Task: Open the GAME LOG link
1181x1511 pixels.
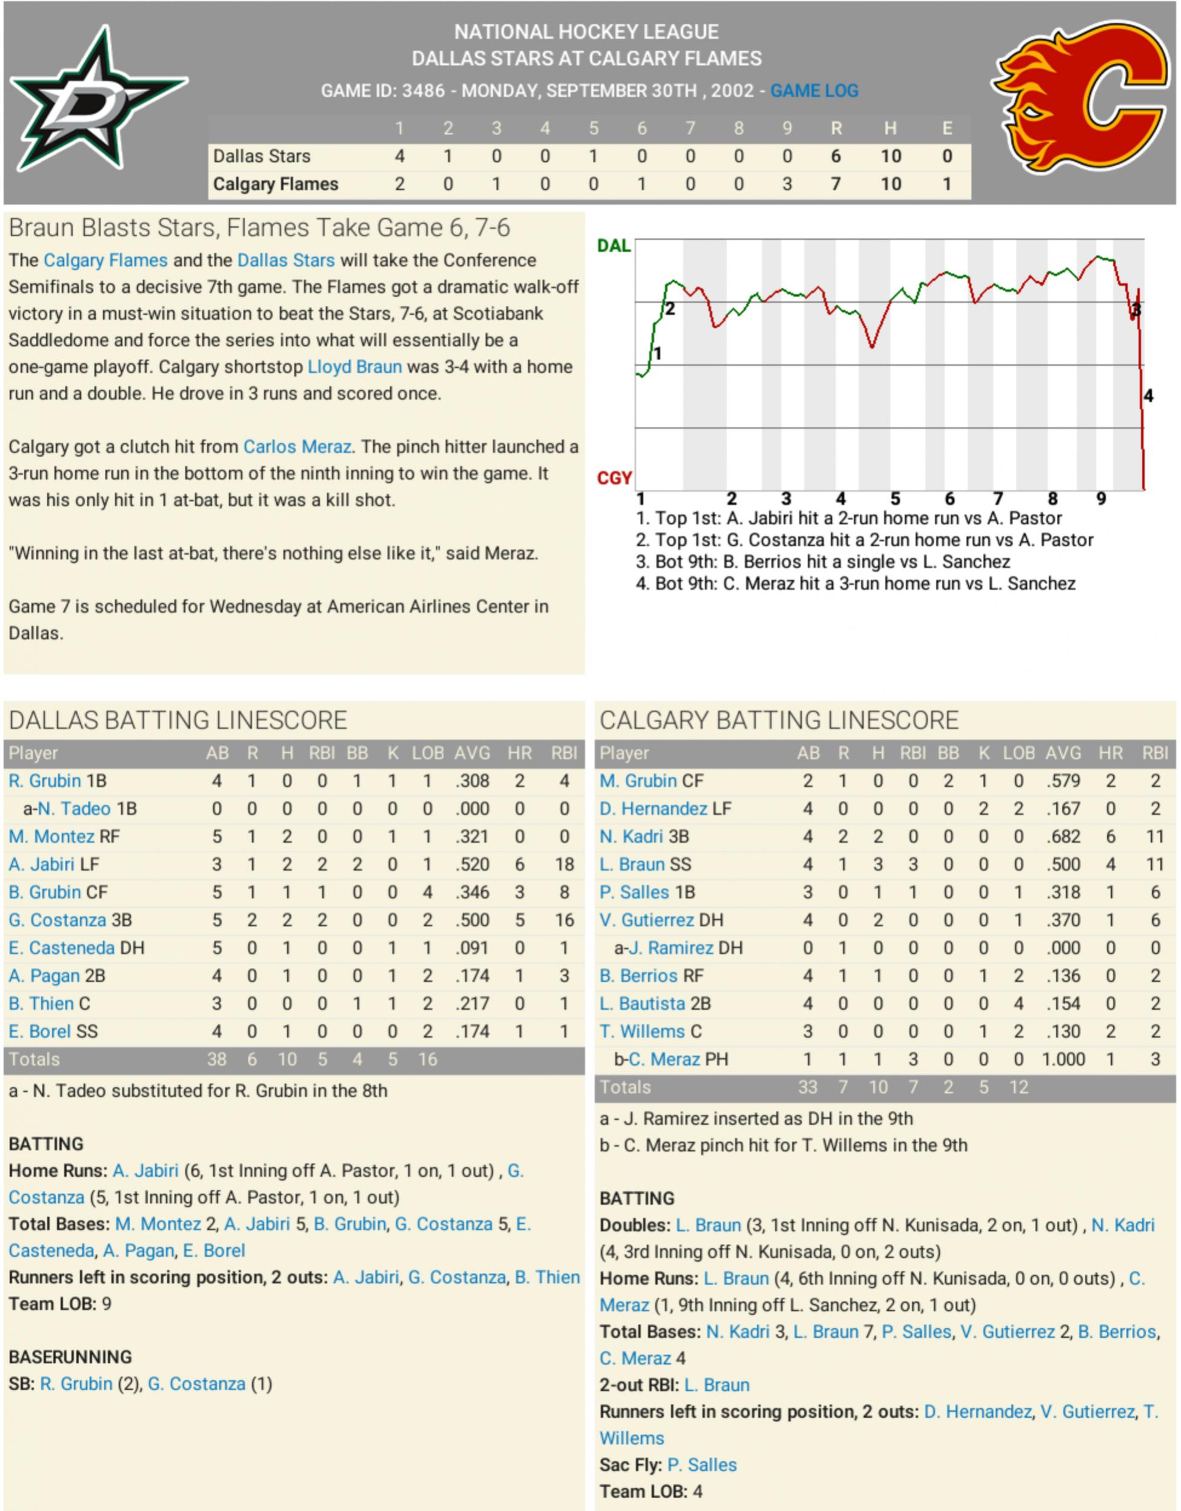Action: pos(814,91)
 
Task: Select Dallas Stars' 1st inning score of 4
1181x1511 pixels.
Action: pos(399,156)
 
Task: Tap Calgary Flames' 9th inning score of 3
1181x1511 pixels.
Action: pos(787,184)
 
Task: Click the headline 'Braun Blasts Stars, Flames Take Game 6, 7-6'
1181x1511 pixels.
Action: pos(259,228)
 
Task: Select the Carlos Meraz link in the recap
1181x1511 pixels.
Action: pos(297,447)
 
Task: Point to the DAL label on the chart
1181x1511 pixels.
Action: pos(613,246)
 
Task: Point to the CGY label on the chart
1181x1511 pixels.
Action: pos(614,478)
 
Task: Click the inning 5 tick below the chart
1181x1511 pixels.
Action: pos(895,499)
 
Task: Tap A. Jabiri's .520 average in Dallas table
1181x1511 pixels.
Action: pos(472,864)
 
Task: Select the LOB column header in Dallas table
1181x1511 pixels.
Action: pos(428,753)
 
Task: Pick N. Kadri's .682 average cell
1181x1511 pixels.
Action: pos(1063,836)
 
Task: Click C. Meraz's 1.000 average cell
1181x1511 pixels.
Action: pos(1063,1059)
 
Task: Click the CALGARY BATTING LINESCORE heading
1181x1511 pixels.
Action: pos(779,720)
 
